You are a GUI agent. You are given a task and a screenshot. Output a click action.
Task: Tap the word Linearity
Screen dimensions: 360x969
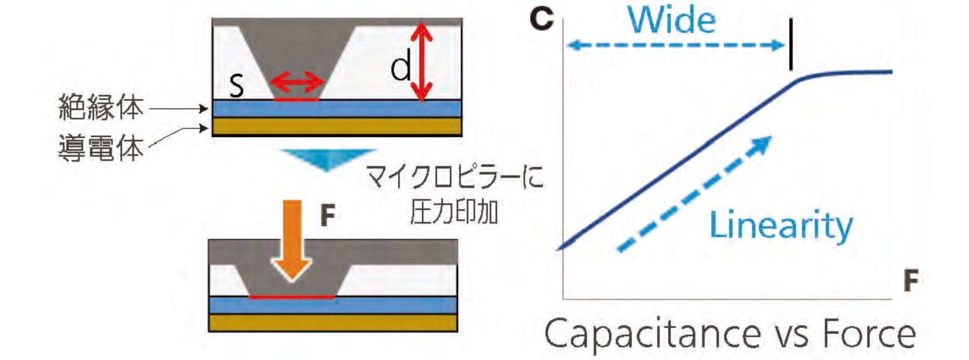[x=780, y=225]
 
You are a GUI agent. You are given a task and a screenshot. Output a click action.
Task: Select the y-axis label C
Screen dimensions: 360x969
[x=541, y=19]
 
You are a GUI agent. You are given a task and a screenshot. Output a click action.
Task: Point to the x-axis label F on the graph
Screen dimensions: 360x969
[x=911, y=280]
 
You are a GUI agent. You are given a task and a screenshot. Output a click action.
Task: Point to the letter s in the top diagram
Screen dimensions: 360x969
[x=236, y=85]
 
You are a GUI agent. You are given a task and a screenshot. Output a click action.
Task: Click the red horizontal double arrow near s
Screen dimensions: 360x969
[x=296, y=82]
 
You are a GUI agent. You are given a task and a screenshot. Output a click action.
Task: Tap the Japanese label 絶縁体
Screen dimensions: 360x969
[x=101, y=107]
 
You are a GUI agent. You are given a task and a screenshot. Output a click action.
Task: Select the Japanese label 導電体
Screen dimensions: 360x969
[x=101, y=148]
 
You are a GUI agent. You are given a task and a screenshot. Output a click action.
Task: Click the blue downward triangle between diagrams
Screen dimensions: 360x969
[x=328, y=159]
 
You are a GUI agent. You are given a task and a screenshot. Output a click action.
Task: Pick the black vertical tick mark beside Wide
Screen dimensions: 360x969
[x=791, y=45]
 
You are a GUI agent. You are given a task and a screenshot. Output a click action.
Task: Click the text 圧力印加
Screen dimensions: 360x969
[x=454, y=212]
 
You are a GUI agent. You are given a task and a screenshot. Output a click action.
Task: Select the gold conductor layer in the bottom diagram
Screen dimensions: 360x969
[x=333, y=323]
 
